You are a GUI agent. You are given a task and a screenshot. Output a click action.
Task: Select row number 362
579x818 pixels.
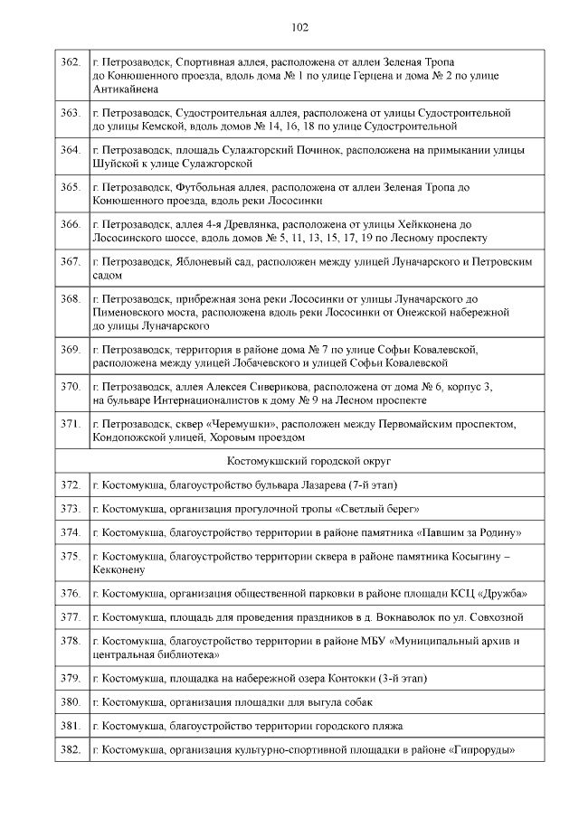tap(71, 61)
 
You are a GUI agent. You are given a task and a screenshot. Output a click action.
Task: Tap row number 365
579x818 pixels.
tap(71, 187)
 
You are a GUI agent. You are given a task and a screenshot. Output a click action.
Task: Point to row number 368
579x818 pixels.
tap(71, 297)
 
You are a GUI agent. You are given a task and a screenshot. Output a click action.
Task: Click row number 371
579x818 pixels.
tap(71, 423)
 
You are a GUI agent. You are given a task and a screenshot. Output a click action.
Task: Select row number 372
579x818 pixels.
tap(71, 484)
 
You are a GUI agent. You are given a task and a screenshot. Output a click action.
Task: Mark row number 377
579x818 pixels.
tap(71, 617)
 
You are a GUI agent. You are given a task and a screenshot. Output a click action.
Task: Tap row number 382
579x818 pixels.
tap(71, 750)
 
